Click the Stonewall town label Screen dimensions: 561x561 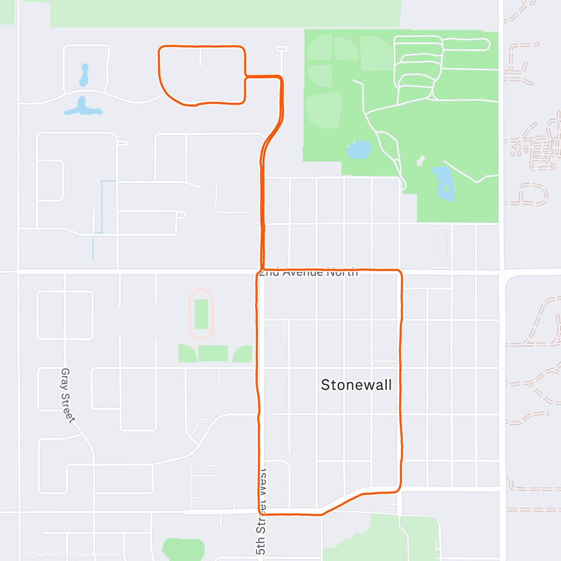356,385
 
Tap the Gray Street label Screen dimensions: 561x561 68,395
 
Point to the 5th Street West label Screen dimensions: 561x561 261,512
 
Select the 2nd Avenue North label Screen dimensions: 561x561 309,273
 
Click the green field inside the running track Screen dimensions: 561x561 201,314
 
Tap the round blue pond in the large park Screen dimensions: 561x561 359,150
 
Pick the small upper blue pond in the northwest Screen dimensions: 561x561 84,75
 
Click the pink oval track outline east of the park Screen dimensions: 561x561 442,244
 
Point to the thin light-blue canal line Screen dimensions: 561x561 102,206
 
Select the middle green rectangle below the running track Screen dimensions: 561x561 213,353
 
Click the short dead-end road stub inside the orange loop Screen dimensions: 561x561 200,57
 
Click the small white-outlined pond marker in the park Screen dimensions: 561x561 420,160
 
